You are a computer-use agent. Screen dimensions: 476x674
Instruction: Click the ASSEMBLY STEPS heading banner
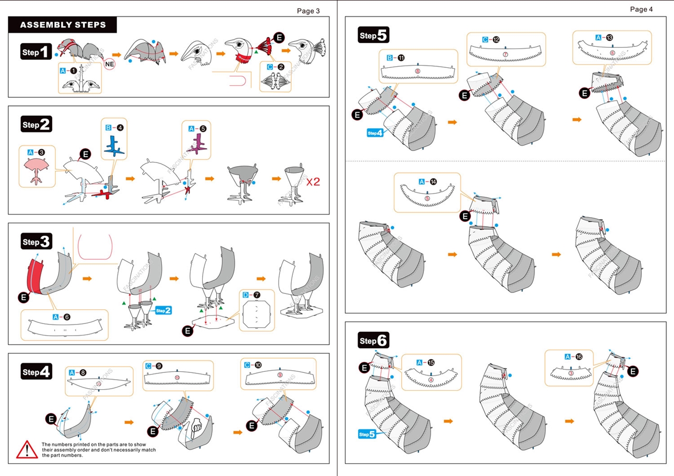tap(63, 25)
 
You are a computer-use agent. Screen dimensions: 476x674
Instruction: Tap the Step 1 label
tap(36, 52)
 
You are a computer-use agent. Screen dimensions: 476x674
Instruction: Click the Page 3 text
tap(308, 11)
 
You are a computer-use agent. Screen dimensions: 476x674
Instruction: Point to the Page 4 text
tap(641, 9)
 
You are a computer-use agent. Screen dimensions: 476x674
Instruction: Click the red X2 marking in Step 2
tap(313, 182)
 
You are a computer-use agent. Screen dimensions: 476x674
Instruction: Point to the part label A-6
tap(61, 317)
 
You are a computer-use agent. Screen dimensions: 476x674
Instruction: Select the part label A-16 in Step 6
tap(573, 357)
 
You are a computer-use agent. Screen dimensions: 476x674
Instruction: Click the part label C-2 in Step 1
tap(275, 67)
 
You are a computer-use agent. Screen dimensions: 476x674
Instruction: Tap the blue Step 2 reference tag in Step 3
tap(163, 310)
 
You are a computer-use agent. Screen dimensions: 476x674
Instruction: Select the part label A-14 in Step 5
tap(427, 181)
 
